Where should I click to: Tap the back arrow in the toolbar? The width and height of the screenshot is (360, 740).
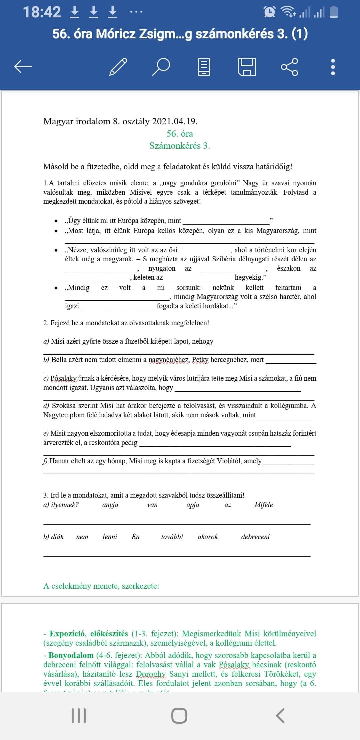[x=23, y=67]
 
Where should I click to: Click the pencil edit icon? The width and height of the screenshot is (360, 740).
[x=118, y=67]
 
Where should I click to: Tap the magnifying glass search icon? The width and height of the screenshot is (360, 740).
[x=161, y=67]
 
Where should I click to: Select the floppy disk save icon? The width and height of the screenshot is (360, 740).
[x=247, y=67]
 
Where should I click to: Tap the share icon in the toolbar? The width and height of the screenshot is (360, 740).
[x=289, y=67]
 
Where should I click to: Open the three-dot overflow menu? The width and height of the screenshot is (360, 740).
[x=332, y=67]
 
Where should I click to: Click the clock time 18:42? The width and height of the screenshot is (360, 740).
[x=42, y=12]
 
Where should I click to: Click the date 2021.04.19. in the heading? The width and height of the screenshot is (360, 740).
[x=175, y=121]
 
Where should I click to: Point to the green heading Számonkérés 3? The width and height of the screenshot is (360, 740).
[x=180, y=146]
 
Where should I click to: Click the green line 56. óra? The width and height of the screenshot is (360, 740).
[x=180, y=134]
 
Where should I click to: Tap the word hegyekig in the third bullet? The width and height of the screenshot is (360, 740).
[x=248, y=277]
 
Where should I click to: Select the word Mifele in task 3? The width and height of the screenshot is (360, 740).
[x=263, y=505]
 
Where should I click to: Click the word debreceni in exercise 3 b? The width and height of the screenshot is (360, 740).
[x=255, y=537]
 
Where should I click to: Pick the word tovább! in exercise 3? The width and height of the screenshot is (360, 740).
[x=172, y=537]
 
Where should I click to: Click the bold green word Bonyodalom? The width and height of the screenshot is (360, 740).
[x=71, y=655]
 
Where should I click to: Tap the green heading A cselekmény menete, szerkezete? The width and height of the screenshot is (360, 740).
[x=101, y=586]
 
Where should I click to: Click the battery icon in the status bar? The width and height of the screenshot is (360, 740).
[x=334, y=12]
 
